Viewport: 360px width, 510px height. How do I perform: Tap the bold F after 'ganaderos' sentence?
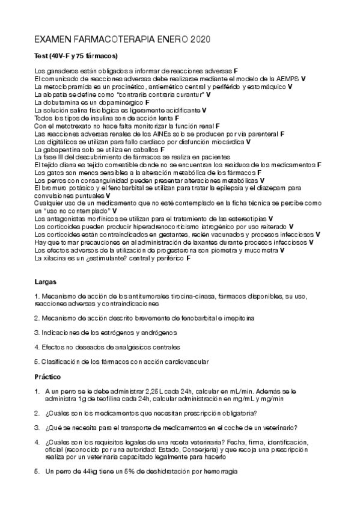coord(236,71)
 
